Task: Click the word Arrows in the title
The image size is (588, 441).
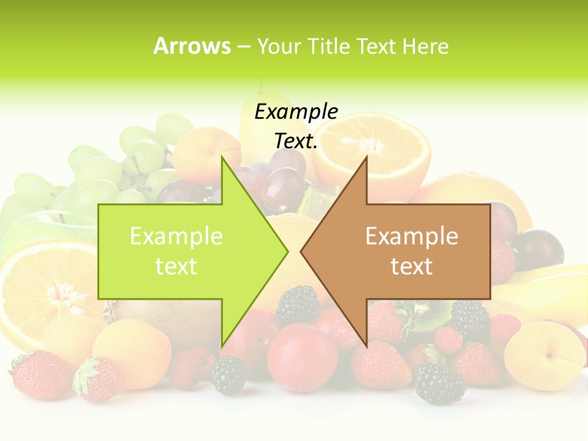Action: (192, 46)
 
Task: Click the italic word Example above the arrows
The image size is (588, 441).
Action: (296, 111)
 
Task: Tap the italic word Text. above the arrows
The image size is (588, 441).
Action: (296, 141)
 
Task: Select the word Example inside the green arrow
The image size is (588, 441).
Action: (176, 236)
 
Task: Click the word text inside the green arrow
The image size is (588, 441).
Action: (176, 266)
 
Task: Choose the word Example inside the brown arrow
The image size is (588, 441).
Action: (412, 236)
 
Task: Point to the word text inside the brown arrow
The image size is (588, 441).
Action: (412, 266)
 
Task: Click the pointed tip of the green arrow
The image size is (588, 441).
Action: (287, 251)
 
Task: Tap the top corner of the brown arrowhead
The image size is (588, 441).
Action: (366, 157)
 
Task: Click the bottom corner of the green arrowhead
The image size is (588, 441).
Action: (222, 347)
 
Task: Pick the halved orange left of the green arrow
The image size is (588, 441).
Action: (43, 288)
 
